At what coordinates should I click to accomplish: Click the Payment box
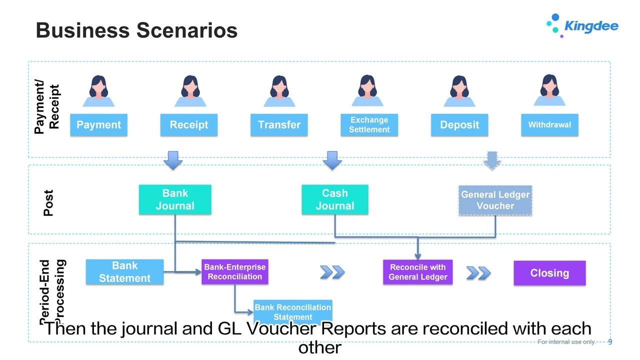pyautogui.click(x=98, y=125)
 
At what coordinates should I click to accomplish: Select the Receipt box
pyautogui.click(x=188, y=125)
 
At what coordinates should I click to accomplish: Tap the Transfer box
pyautogui.click(x=279, y=125)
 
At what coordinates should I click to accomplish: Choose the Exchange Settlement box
pyautogui.click(x=369, y=125)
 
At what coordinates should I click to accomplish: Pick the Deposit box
pyautogui.click(x=459, y=125)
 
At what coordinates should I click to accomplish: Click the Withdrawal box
pyautogui.click(x=549, y=125)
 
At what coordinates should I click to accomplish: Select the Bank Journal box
pyautogui.click(x=174, y=199)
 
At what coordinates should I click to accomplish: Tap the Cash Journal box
pyautogui.click(x=334, y=199)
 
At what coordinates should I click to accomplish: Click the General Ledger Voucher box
pyautogui.click(x=495, y=200)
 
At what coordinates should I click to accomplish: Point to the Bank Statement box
pyautogui.click(x=124, y=272)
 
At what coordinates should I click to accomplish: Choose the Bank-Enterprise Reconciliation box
pyautogui.click(x=234, y=272)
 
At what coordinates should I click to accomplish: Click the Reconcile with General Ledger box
pyautogui.click(x=417, y=272)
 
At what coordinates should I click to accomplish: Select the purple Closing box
pyautogui.click(x=549, y=273)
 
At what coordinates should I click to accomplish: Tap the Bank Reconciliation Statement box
pyautogui.click(x=292, y=311)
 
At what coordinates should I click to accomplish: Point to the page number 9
pyautogui.click(x=610, y=342)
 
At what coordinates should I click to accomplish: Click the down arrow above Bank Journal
pyautogui.click(x=173, y=160)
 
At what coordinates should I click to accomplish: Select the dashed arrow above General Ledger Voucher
pyautogui.click(x=492, y=160)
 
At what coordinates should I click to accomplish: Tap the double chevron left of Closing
pyautogui.click(x=478, y=273)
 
